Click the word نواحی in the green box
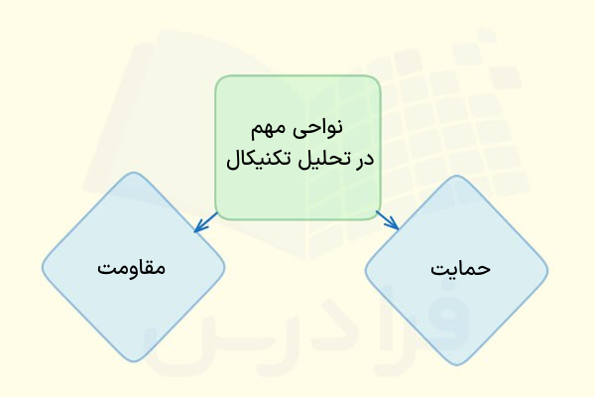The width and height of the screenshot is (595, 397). pos(320,129)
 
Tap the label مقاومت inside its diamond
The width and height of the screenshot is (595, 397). pos(132,268)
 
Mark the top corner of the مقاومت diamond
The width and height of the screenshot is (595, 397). pos(133,176)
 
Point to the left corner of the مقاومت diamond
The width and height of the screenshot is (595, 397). pos(43,267)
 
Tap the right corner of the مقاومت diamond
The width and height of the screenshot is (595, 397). pos(224,267)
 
